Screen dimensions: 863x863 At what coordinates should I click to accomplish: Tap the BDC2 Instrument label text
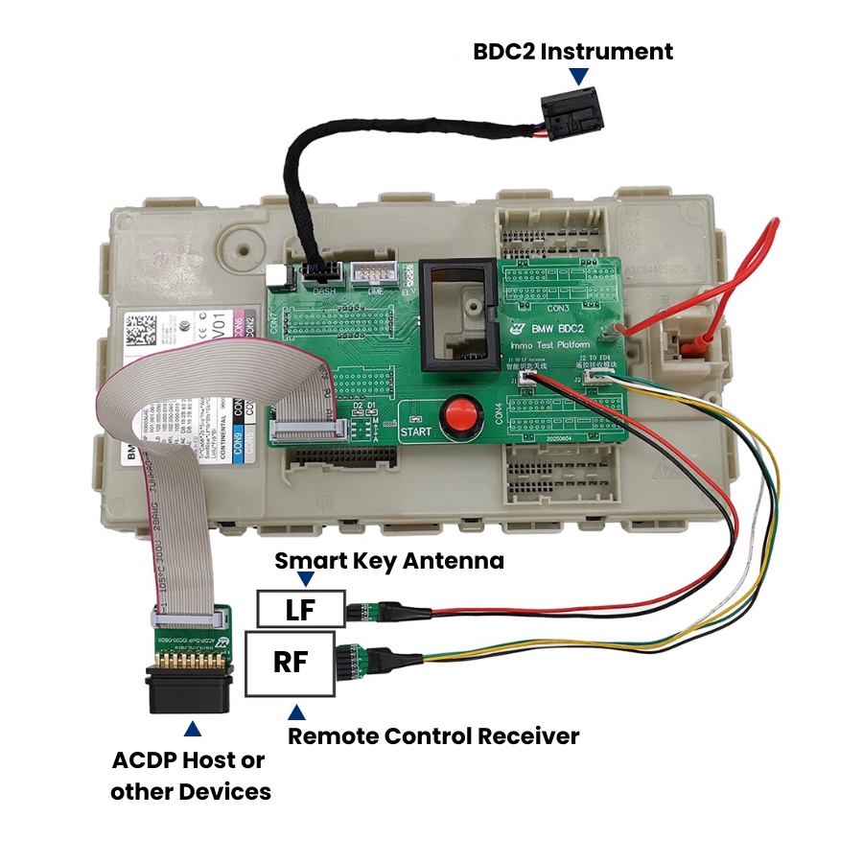coord(572,51)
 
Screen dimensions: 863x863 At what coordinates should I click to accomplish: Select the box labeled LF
coord(300,609)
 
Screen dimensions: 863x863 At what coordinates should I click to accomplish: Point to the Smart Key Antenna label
coord(389,561)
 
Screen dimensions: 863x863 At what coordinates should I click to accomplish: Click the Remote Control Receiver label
coord(433,736)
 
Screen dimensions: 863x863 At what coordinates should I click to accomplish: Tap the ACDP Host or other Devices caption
coord(190,776)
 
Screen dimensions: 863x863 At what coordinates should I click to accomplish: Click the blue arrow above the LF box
coord(306,579)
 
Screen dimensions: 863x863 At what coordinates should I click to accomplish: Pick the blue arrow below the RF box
coord(297,711)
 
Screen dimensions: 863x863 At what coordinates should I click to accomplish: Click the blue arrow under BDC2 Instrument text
coord(577,76)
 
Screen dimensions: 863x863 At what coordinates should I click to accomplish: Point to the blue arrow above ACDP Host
coord(193,729)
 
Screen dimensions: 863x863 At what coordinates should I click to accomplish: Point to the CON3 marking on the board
coord(558,309)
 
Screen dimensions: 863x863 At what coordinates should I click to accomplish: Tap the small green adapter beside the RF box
coord(355,661)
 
